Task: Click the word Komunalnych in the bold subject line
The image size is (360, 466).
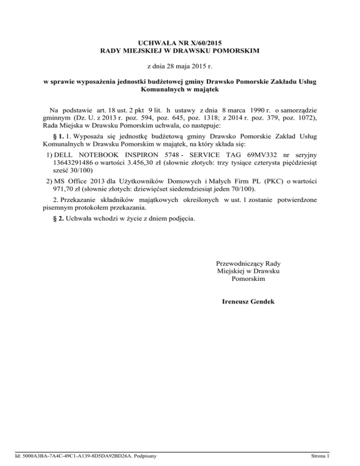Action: click(159, 89)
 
